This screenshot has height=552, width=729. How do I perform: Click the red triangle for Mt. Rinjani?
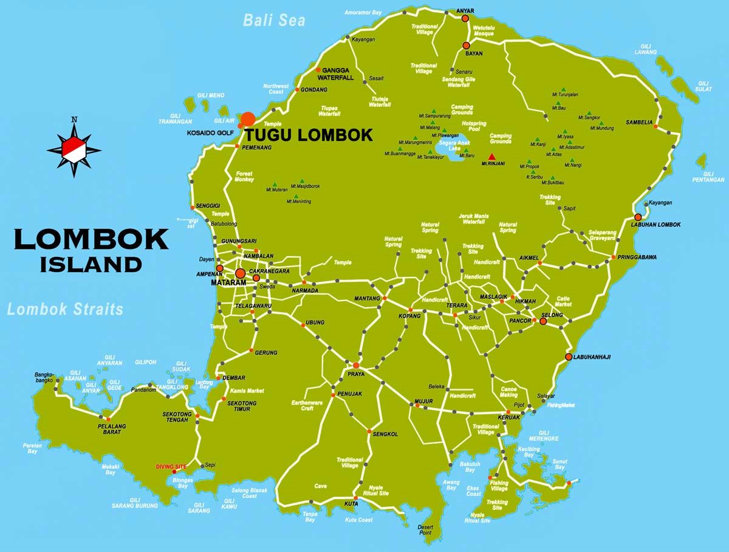(491, 157)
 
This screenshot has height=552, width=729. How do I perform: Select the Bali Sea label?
(274, 20)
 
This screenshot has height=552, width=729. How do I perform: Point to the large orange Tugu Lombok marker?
(248, 119)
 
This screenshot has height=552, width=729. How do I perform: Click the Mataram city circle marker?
(241, 273)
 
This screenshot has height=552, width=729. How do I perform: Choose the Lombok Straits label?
(65, 309)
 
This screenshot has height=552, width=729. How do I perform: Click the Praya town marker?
(356, 365)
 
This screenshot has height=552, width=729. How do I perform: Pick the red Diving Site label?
(171, 467)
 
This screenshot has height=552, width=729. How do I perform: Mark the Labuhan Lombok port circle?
(638, 217)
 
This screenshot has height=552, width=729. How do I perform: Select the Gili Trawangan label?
(175, 119)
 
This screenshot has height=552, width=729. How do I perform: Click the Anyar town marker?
(465, 18)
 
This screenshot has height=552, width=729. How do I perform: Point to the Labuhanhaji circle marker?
(569, 356)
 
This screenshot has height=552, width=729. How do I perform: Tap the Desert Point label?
(428, 530)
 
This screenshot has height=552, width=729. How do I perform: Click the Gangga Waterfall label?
(338, 73)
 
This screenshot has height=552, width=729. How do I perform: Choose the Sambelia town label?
(639, 123)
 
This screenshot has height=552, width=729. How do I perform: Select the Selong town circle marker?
(544, 321)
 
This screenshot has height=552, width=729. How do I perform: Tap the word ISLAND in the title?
(91, 265)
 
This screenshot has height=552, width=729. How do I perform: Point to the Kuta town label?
(351, 504)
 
